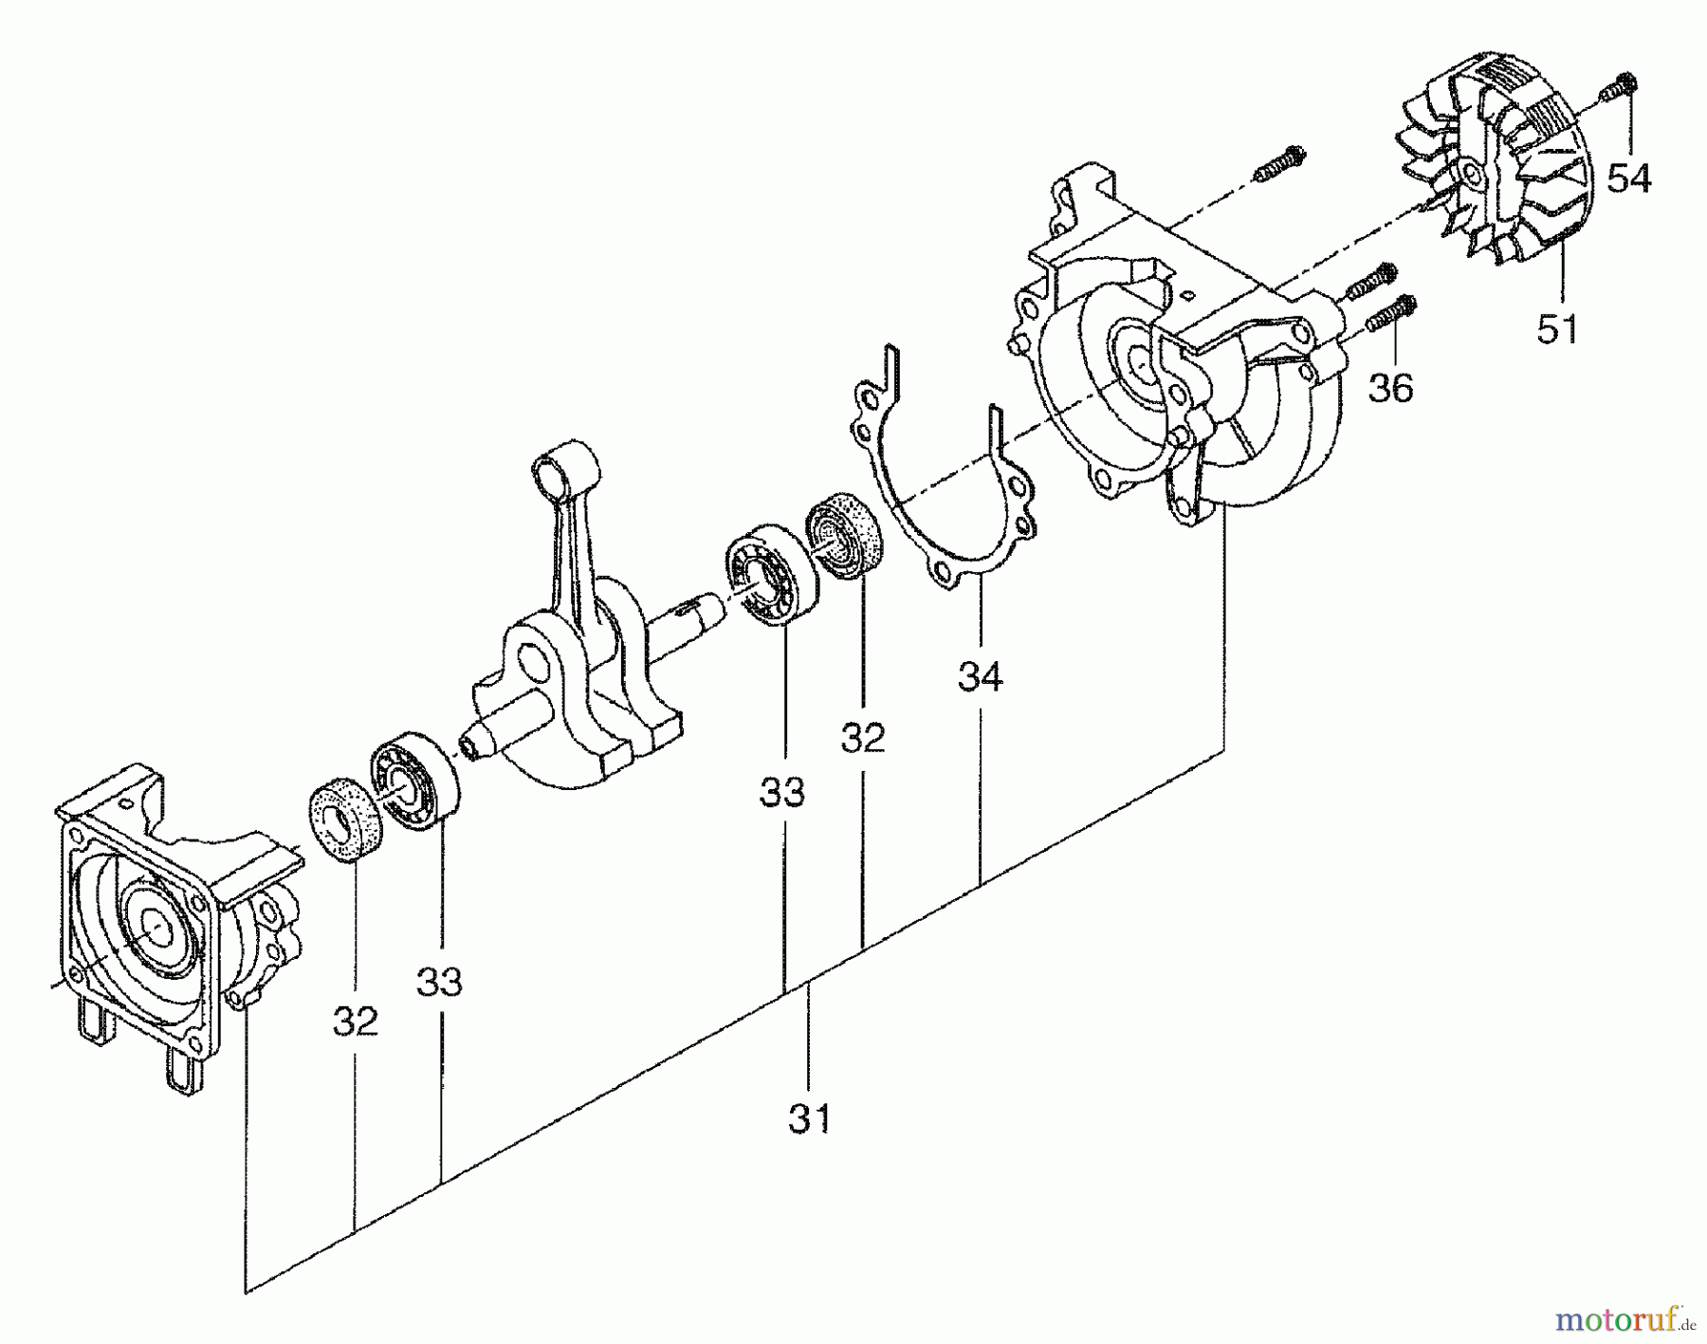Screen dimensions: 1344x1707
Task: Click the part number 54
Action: tap(1629, 177)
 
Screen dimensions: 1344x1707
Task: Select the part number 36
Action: tap(1390, 387)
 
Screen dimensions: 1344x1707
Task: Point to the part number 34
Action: tap(980, 676)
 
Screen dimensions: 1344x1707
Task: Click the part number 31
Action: tap(809, 1118)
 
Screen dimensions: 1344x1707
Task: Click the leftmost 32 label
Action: tap(356, 1021)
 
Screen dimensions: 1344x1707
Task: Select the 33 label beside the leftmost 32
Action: tap(440, 982)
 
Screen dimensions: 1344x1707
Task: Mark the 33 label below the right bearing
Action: tap(782, 792)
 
